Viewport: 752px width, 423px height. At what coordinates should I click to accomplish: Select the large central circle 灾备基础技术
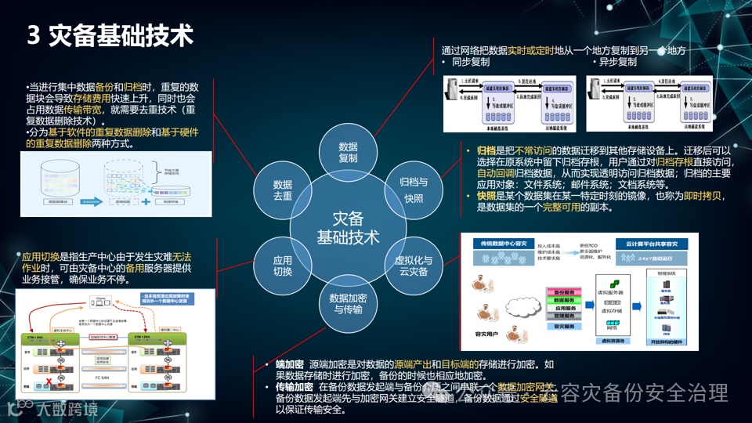click(x=348, y=227)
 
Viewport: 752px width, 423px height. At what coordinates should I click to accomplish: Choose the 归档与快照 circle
click(x=414, y=191)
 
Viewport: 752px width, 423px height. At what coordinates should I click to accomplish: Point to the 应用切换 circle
click(x=283, y=266)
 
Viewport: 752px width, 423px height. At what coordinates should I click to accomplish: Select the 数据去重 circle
click(x=283, y=190)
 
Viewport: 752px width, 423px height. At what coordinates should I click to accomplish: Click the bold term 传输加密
click(x=295, y=387)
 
